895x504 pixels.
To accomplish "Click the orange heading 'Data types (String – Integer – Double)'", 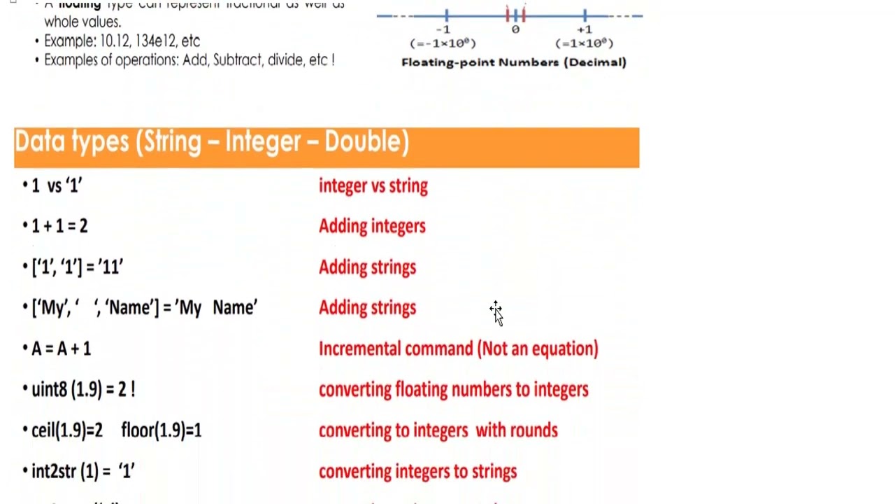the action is point(212,143).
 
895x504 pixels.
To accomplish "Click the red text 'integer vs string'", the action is point(373,186).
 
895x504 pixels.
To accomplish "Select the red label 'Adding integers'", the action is point(372,227).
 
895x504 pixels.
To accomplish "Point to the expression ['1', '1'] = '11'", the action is point(78,267).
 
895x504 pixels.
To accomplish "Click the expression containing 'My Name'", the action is point(145,308).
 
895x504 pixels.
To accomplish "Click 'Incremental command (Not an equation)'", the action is point(458,349).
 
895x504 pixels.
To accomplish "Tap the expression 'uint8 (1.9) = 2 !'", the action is point(83,390).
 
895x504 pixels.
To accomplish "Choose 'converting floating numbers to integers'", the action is point(453,390).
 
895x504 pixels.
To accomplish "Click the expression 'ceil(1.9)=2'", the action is point(67,430).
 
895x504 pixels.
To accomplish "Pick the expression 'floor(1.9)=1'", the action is point(162,430).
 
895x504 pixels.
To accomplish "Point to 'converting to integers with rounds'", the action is point(438,430).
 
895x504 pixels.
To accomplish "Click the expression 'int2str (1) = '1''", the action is point(83,472).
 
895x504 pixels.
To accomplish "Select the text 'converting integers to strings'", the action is point(417,472).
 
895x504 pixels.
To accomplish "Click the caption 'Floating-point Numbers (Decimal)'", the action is point(514,62).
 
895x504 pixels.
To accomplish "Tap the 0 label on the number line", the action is point(515,30).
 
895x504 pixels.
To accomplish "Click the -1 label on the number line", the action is point(443,30).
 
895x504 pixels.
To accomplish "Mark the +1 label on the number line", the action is point(585,30).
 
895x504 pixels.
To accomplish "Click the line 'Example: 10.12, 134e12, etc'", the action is point(122,41).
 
